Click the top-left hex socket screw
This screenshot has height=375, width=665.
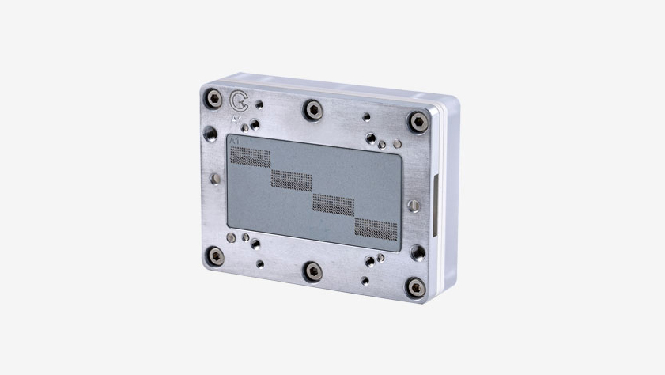214,99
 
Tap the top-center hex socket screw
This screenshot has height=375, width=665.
313,108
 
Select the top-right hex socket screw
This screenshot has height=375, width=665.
418,120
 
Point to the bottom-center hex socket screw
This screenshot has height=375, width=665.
313,271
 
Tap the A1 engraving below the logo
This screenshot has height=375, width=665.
236,121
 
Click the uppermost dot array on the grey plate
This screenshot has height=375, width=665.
249,155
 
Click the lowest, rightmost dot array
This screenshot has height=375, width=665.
376,229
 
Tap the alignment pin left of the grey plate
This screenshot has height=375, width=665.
214,178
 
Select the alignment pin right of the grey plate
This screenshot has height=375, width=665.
411,205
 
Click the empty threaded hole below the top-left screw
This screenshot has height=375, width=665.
210,132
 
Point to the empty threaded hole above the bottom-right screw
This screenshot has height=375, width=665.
417,252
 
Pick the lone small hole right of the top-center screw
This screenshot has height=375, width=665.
365,116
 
